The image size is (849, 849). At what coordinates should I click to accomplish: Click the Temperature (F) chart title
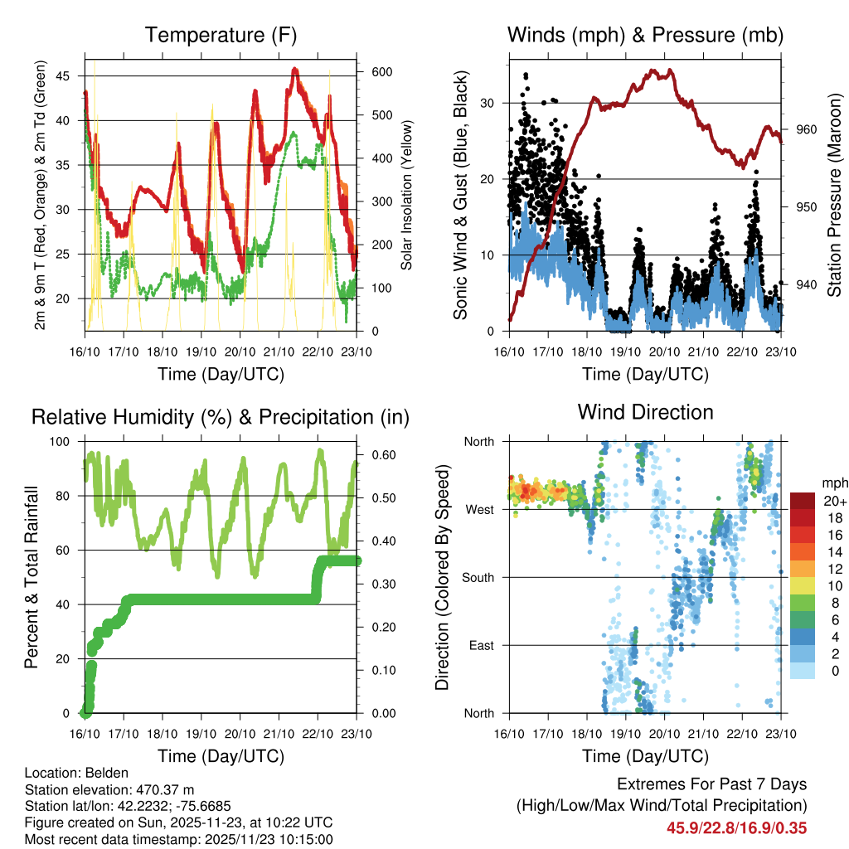(221, 36)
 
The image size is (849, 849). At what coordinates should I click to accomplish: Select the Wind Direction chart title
(645, 412)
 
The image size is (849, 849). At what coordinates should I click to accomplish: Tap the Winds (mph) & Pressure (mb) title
(645, 36)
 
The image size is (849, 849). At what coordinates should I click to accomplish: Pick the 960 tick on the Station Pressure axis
(807, 130)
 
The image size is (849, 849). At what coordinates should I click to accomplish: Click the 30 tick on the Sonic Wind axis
(494, 104)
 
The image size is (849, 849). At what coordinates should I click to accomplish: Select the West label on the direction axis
(478, 509)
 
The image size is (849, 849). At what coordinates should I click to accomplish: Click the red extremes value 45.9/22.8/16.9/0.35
(736, 827)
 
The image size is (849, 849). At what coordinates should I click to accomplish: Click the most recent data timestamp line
(179, 839)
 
